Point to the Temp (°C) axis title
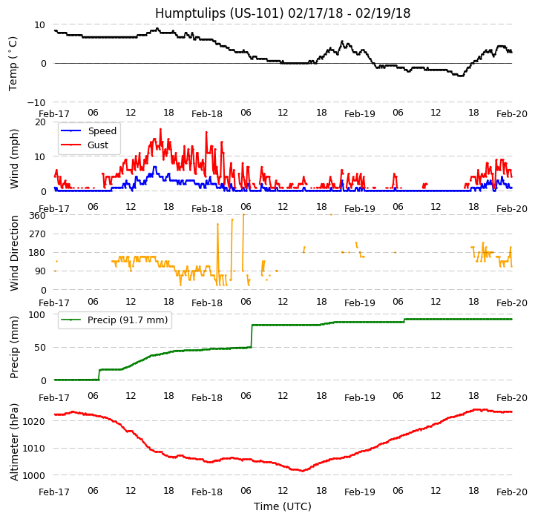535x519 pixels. (13, 63)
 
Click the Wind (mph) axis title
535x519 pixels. (14, 158)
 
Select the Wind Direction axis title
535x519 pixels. (14, 253)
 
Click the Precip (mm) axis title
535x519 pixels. (14, 348)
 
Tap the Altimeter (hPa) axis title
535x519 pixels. (14, 442)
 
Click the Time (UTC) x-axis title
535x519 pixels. (282, 506)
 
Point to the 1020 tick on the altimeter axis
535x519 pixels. (36, 421)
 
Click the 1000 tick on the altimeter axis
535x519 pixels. (36, 475)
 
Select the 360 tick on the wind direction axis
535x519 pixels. (38, 216)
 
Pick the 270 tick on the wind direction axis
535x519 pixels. (38, 234)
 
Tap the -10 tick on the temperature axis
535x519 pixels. (37, 102)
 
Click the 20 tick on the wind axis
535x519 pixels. (40, 122)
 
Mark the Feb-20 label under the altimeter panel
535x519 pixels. (512, 492)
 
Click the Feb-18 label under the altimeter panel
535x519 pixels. (207, 492)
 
